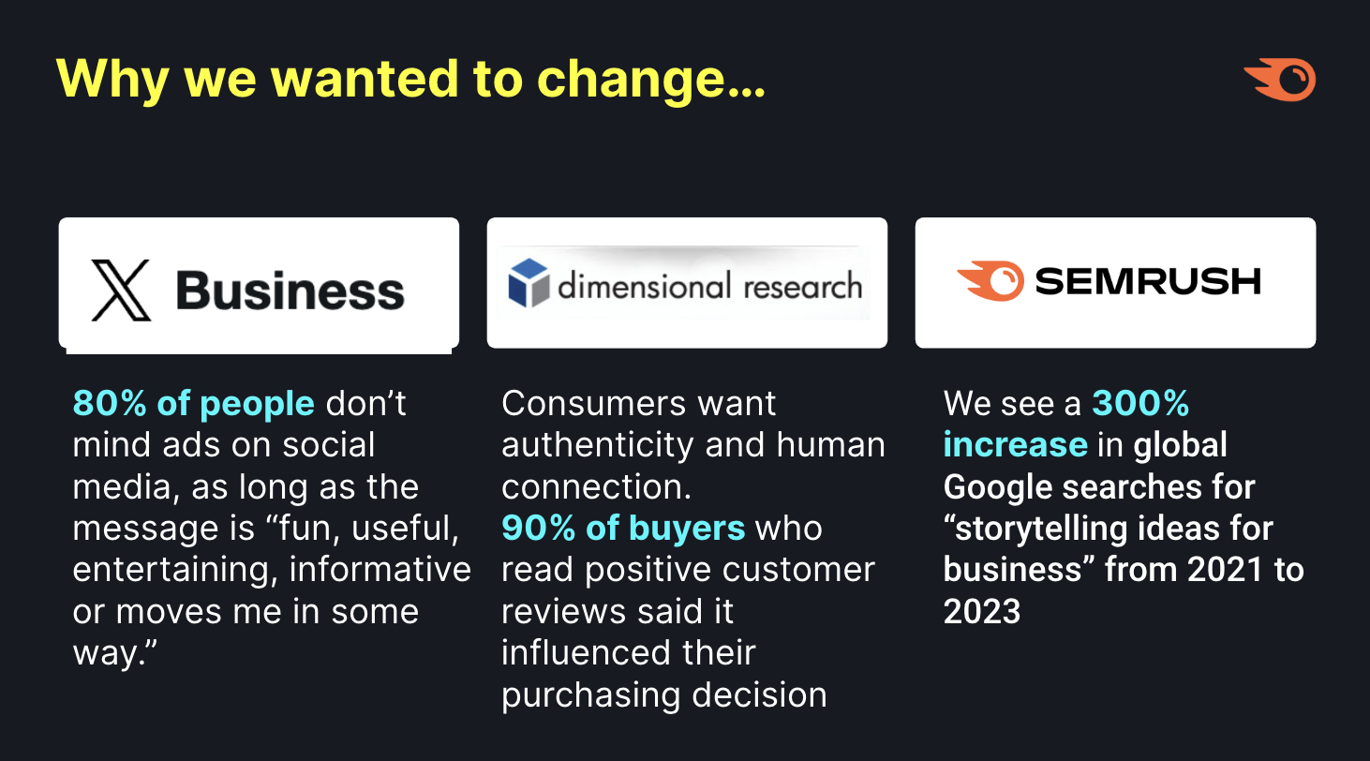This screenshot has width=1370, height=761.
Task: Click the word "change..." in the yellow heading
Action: (x=650, y=81)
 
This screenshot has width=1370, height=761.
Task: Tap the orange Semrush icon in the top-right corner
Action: (x=1280, y=80)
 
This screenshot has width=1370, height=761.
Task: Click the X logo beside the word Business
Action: (x=121, y=290)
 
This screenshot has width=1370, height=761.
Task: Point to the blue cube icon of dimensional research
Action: (x=529, y=283)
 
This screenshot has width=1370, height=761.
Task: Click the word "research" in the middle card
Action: (x=803, y=286)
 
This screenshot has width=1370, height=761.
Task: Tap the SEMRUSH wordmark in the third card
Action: (x=1148, y=281)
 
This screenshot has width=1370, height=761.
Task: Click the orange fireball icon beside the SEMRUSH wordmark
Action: (x=990, y=281)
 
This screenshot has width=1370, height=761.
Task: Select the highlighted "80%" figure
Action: (x=110, y=404)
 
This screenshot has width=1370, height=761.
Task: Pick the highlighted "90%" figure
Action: (x=538, y=528)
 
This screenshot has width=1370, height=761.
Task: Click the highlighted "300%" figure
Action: (x=1140, y=404)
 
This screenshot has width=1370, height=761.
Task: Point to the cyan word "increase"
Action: (x=1015, y=445)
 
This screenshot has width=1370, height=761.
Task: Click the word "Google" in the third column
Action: (x=998, y=487)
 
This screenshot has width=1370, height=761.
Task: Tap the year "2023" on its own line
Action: (x=982, y=611)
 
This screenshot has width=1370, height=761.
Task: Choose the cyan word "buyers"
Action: (x=687, y=529)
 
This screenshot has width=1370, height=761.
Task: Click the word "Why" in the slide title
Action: (x=112, y=81)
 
